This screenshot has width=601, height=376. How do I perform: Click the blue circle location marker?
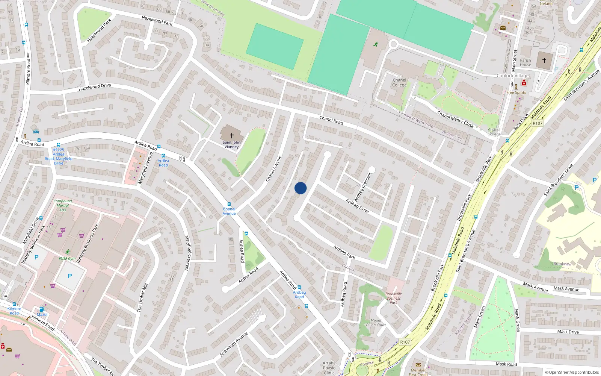click(300, 188)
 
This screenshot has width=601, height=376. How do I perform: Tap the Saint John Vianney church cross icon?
click(231, 135)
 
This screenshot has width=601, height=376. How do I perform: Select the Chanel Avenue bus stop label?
click(229, 211)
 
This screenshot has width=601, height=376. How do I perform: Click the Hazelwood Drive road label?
click(95, 87)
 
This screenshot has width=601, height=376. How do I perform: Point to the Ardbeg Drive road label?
click(357, 206)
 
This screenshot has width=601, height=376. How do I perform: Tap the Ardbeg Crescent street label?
click(363, 186)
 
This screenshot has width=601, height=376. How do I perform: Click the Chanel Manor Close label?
click(455, 119)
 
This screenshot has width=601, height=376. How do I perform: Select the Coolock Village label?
click(512, 76)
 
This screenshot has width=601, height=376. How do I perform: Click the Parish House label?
click(525, 62)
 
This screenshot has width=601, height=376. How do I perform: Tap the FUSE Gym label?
click(67, 259)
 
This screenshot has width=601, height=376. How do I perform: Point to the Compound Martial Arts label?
click(63, 205)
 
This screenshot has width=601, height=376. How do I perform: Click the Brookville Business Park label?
click(393, 298)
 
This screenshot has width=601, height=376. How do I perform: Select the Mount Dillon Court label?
click(376, 323)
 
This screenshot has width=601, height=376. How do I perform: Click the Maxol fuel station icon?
click(42, 309)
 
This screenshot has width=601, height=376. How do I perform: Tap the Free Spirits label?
click(516, 92)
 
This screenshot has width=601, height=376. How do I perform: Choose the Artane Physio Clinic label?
click(329, 368)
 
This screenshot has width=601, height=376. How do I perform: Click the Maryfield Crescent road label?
click(187, 253)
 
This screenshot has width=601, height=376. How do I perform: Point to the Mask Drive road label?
click(568, 332)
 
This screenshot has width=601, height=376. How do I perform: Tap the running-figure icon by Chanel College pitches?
click(375, 44)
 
